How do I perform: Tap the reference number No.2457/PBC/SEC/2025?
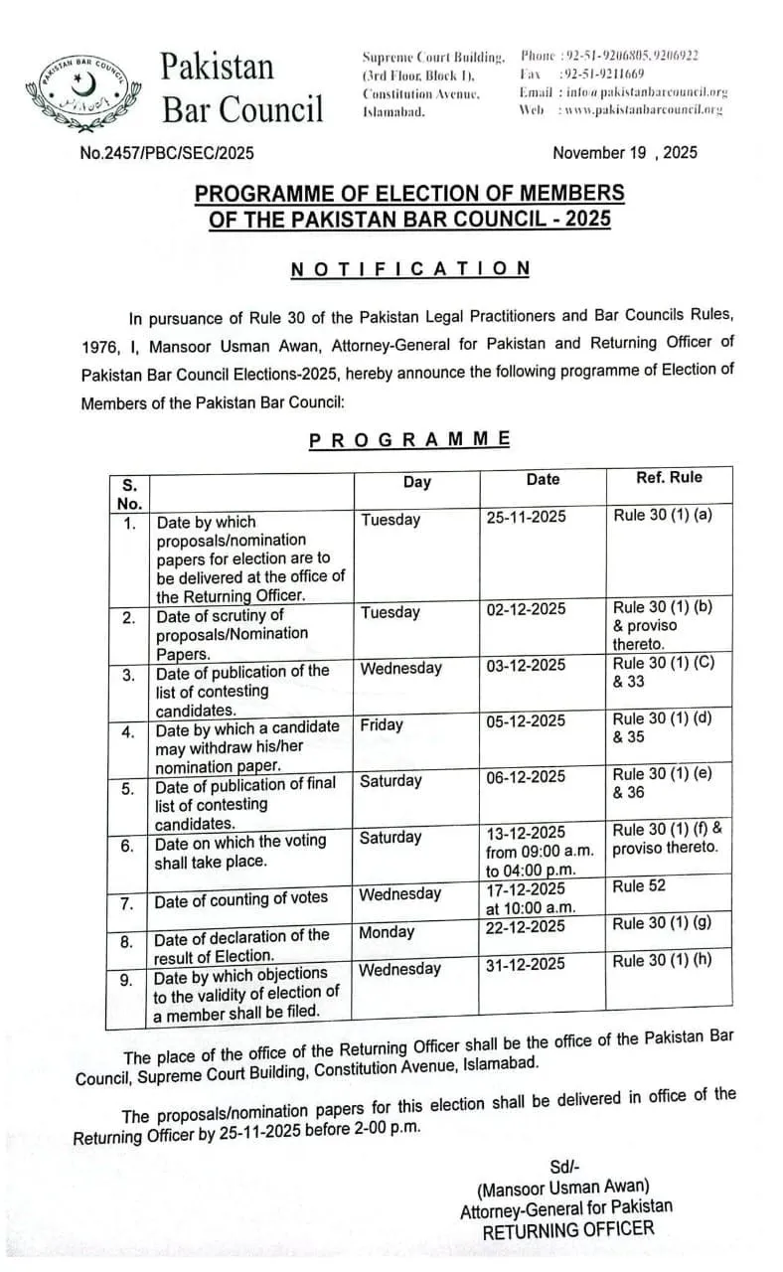(x=167, y=153)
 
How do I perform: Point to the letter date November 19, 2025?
(x=624, y=152)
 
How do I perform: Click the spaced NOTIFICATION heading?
(x=410, y=268)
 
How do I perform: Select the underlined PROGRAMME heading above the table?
(x=410, y=439)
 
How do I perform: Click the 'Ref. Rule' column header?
(x=669, y=478)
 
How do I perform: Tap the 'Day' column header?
(x=417, y=482)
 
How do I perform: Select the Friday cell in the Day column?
(x=382, y=724)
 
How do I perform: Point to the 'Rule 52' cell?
(x=639, y=885)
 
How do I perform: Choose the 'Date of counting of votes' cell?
(x=240, y=899)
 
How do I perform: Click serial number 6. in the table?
(x=128, y=847)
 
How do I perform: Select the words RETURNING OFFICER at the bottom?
(x=568, y=1229)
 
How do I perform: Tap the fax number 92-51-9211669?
(x=602, y=74)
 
